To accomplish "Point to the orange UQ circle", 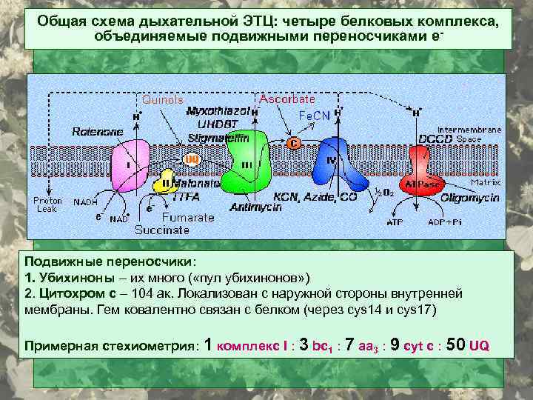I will point(192,159).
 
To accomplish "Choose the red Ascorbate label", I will point(286,99).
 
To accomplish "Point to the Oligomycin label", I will point(469,198).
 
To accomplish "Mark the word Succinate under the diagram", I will point(161,230).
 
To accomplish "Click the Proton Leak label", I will point(47,204).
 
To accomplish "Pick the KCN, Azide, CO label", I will point(315,198).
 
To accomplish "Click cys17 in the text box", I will point(417,309).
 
